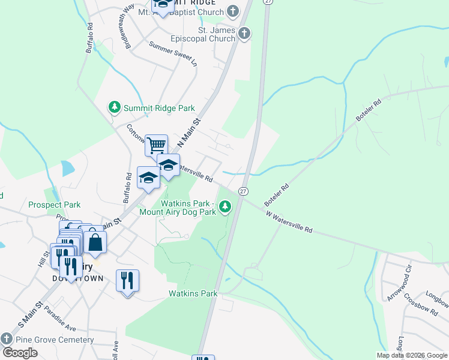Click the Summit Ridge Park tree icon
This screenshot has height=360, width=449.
coord(114,107)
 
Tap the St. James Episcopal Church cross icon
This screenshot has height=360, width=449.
coord(244,34)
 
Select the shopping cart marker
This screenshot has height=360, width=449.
coord(156,145)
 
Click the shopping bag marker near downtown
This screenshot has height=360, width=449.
coord(95,242)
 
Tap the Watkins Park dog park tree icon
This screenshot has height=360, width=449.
coord(225,207)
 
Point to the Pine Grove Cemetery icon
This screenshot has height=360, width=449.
coord(7,339)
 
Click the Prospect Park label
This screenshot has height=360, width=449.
coord(55,205)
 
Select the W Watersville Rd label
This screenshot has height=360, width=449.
coord(290,222)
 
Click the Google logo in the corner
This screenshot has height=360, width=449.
coord(20,353)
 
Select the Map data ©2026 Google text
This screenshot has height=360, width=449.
coord(411,355)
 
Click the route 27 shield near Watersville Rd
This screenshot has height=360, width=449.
coord(243,191)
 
